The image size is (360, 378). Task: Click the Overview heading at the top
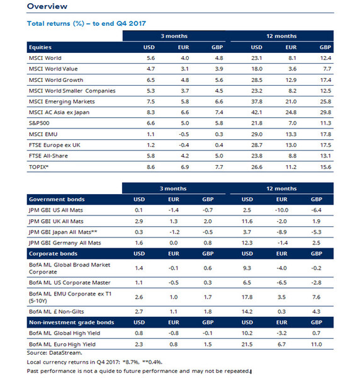47,6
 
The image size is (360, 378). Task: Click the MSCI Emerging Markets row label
62,101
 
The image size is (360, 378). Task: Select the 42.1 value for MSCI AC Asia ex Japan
257,112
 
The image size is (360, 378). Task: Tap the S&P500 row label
39,123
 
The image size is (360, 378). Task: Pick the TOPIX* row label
38,167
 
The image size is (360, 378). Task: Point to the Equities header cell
40,47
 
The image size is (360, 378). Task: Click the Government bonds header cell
57,199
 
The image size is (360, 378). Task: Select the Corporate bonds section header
53,254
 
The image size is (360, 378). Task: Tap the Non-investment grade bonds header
72,323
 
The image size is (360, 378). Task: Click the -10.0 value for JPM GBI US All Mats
282,210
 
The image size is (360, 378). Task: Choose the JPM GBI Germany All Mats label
65,243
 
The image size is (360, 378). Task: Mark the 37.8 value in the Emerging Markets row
257,101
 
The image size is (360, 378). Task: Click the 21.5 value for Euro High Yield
247,344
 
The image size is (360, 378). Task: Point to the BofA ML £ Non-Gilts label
57,311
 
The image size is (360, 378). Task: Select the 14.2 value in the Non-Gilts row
247,311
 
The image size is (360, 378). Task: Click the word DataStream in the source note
65,353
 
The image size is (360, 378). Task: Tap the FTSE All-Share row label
48,156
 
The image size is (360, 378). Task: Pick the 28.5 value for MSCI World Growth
257,80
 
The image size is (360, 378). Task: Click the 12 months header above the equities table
281,36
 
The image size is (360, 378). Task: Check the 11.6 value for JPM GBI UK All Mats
247,221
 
